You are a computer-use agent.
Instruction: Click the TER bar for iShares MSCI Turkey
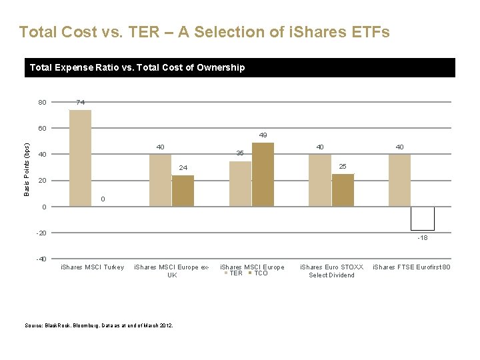click(80, 158)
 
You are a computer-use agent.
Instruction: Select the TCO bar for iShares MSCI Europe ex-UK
click(183, 191)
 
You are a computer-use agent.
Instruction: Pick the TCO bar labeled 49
click(263, 175)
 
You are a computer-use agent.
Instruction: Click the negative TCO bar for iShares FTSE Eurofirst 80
click(422, 219)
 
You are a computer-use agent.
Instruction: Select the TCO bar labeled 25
click(343, 190)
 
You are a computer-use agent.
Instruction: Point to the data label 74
click(80, 102)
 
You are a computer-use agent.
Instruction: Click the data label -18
click(422, 238)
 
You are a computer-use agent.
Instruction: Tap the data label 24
click(183, 167)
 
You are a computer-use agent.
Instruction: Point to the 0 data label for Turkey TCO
click(103, 199)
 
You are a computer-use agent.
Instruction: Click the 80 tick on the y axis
click(42, 103)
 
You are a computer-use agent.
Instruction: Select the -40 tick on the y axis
click(41, 259)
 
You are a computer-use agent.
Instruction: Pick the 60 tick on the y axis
click(42, 129)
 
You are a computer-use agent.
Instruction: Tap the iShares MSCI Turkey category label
click(93, 267)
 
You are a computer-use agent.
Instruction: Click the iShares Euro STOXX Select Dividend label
click(331, 271)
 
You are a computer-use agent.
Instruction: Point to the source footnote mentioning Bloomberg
click(99, 325)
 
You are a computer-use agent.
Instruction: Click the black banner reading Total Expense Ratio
click(240, 67)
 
